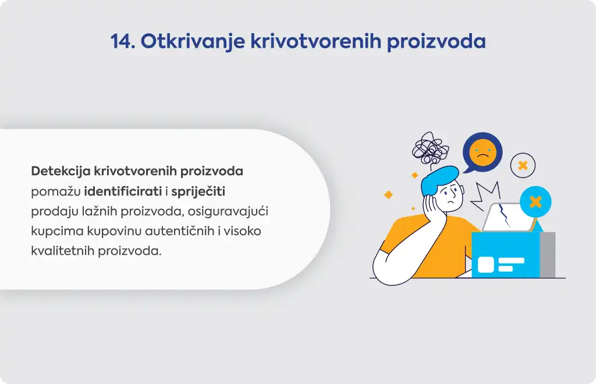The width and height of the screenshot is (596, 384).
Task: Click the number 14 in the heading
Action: (122, 41)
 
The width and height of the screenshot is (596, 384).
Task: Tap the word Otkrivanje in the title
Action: (193, 41)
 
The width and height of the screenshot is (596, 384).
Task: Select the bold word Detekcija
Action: (61, 171)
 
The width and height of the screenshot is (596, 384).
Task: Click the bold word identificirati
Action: (123, 191)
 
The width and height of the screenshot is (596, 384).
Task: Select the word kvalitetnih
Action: (63, 251)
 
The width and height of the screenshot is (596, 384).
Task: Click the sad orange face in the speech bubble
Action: (483, 152)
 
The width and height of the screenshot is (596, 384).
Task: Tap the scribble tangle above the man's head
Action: (430, 148)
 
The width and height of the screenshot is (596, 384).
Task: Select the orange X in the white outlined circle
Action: (523, 166)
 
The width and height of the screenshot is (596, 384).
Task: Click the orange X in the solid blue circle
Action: (535, 202)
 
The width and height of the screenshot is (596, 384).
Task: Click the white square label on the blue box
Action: (486, 265)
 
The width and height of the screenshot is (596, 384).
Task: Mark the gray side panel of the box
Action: (547, 254)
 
